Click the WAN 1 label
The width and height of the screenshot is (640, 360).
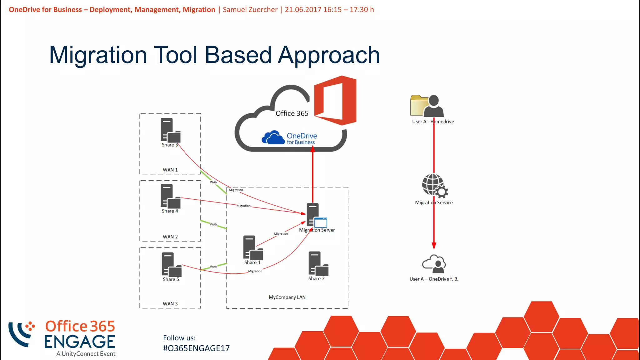pyautogui.click(x=170, y=170)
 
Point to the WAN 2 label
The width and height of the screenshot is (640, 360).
pyautogui.click(x=170, y=237)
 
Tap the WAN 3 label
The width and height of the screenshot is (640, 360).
pyautogui.click(x=170, y=304)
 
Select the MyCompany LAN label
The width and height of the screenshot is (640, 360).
pyautogui.click(x=287, y=297)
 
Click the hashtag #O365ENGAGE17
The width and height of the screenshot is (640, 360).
pyautogui.click(x=196, y=348)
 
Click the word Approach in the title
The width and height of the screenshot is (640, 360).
pyautogui.click(x=329, y=55)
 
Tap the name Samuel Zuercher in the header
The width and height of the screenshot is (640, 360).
pyautogui.click(x=250, y=10)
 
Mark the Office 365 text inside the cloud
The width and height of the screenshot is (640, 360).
pyautogui.click(x=292, y=113)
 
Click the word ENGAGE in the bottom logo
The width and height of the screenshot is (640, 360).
pyautogui.click(x=80, y=342)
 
